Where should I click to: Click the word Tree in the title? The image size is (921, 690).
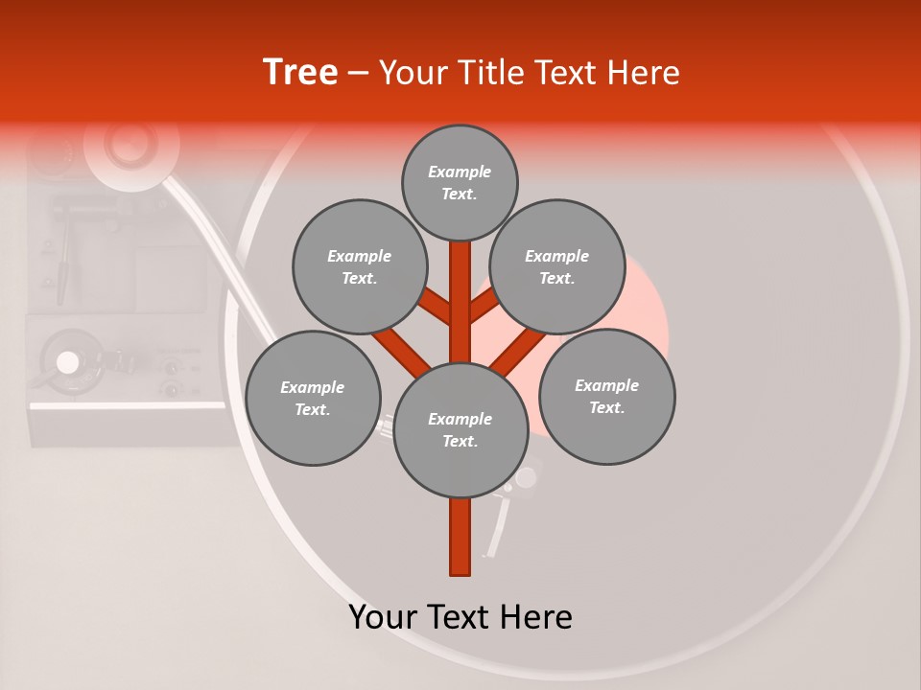coord(300,73)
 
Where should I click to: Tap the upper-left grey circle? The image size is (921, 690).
coord(359,266)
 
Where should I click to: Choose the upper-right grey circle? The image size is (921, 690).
coord(556,266)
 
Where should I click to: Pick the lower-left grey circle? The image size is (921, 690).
coord(312,398)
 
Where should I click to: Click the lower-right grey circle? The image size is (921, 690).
coord(606,396)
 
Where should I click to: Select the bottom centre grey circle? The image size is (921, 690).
coord(460,429)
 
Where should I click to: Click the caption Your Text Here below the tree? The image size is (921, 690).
coord(460,617)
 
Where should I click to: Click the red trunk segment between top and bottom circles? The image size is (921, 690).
coord(460,302)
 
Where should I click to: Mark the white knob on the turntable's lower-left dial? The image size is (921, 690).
coord(67,362)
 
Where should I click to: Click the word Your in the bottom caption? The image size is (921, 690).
coord(384,617)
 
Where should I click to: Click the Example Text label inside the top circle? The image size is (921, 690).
coord(460,182)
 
